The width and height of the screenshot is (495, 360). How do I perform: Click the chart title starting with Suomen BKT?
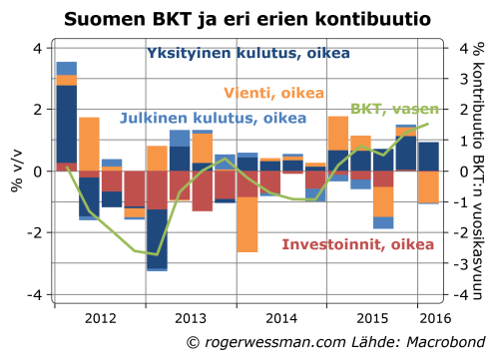pos(247,18)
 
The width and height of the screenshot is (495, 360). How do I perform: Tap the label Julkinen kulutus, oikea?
pos(213,118)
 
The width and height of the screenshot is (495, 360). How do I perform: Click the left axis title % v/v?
pos(16,172)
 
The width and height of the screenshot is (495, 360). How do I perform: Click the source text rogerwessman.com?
pos(262,343)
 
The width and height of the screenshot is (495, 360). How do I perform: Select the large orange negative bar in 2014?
pos(247,211)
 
